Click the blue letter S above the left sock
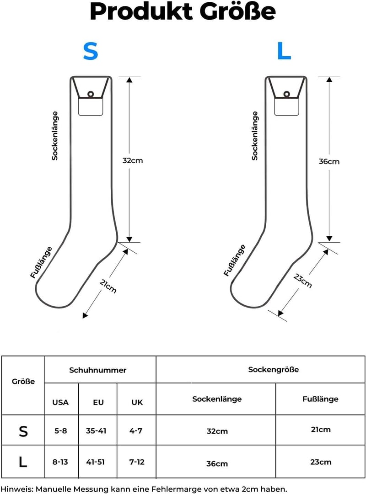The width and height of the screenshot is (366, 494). tap(91, 51)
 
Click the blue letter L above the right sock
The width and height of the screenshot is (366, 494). tap(284, 51)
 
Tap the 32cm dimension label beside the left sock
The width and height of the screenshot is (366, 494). tap(133, 161)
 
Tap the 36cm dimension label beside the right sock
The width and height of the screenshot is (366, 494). tap(329, 162)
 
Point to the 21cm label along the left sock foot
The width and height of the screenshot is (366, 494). tap(108, 286)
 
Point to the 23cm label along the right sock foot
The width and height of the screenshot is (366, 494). tap(302, 281)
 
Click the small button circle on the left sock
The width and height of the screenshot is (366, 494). tap(91, 94)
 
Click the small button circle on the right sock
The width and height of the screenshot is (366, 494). tap(286, 94)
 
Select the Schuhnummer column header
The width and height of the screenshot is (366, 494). tap(98, 370)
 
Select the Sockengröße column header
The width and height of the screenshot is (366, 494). tap(274, 370)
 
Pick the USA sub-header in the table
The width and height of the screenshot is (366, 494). tap(60, 402)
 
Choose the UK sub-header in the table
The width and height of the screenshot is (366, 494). tap(137, 402)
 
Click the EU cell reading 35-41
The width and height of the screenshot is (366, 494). tap(96, 430)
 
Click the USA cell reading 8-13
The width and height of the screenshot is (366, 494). tap(60, 462)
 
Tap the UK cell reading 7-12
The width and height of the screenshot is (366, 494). tap(137, 462)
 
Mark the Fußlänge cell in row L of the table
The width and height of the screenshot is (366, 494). tap(321, 462)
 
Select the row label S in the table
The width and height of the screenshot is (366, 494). tap(23, 431)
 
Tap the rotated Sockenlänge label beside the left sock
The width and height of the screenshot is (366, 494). tap(55, 136)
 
